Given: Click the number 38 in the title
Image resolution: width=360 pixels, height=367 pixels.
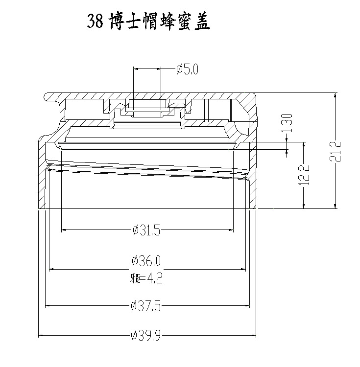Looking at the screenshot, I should tap(95, 22).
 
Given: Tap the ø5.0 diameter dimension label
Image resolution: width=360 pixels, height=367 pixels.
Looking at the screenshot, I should tap(187, 69).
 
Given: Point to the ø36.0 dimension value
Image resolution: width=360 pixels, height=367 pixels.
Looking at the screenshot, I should tap(147, 262).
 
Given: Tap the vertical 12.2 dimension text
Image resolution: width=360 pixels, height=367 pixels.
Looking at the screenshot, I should tap(305, 175).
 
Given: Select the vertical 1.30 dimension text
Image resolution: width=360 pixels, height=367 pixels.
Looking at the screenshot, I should tap(288, 123).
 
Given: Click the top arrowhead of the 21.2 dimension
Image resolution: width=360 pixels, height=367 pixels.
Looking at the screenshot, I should tap(336, 95).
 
